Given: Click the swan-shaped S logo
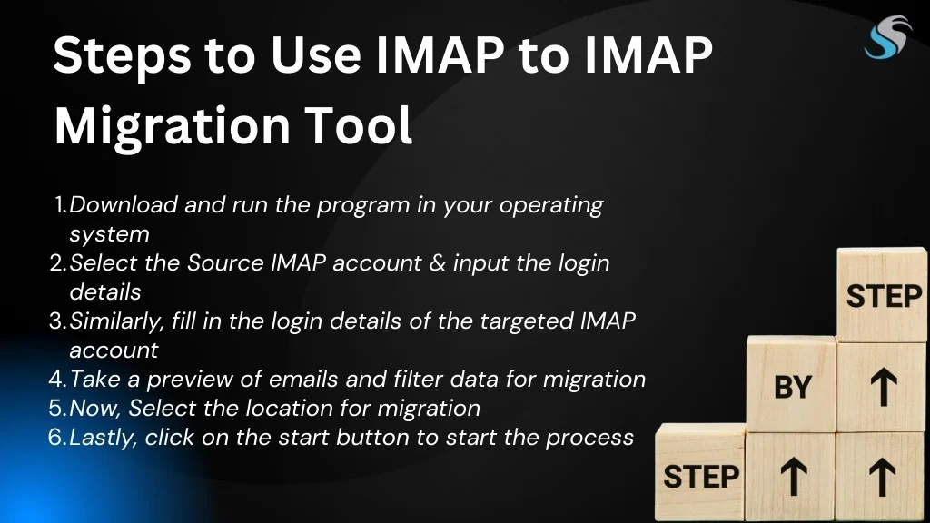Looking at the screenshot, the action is (x=888, y=37).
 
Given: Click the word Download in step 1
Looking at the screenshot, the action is (x=124, y=204).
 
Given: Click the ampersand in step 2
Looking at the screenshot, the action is (x=437, y=262).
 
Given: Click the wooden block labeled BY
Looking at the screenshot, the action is (x=791, y=384).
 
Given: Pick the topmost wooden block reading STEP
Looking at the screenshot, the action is (x=882, y=295).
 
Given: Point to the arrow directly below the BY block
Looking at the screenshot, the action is (x=794, y=478).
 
